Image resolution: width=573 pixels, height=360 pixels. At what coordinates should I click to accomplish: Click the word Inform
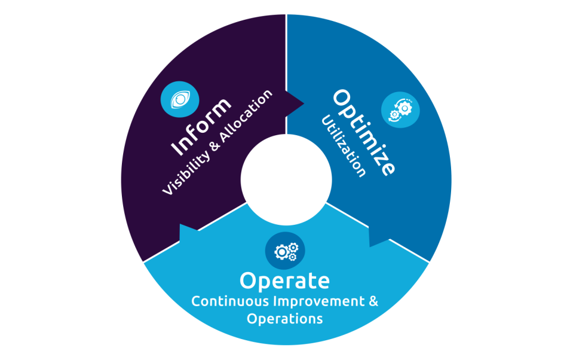(201, 126)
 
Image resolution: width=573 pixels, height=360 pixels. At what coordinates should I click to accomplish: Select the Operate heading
(284, 281)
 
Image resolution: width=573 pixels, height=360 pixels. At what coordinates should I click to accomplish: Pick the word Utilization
(343, 147)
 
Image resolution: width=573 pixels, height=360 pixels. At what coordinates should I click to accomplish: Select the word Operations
(284, 319)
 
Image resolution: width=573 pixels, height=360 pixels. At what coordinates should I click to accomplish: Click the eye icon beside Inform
(180, 99)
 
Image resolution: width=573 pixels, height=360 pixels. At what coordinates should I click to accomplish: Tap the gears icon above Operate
(285, 251)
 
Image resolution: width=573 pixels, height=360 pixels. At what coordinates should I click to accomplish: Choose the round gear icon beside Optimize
(400, 110)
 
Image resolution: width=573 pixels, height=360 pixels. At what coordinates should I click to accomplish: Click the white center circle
(286, 179)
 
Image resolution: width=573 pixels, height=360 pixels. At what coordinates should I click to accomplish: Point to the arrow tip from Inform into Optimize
(304, 103)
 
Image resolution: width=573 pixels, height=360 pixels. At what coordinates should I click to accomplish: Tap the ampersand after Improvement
(373, 301)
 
